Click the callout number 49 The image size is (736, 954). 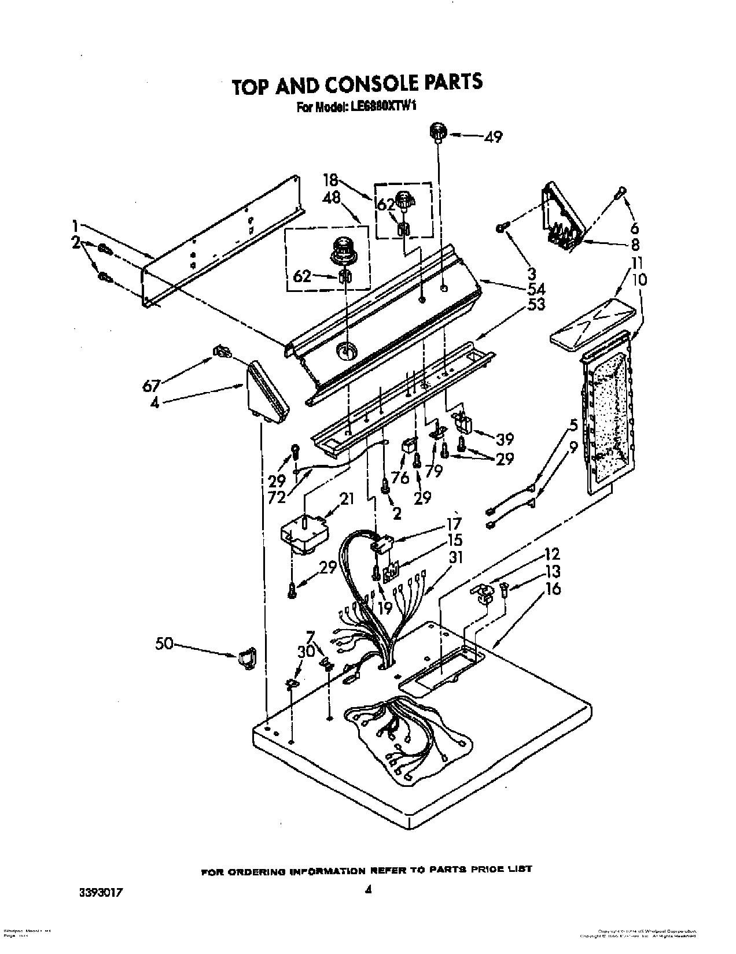(493, 137)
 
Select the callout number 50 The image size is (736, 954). (164, 643)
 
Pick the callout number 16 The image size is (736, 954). (553, 590)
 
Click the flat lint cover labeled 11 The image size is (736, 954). (596, 321)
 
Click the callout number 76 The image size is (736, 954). (400, 478)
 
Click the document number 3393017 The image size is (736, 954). (102, 908)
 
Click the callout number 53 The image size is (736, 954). (536, 304)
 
